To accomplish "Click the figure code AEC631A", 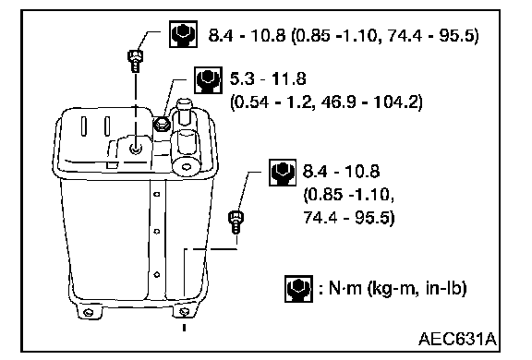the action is point(458,338).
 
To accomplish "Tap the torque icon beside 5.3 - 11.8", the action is point(209,80).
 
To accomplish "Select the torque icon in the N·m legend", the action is point(298,289).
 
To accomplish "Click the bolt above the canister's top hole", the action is point(135,61).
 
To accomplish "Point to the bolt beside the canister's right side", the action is point(236,222).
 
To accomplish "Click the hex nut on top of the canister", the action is point(162,125).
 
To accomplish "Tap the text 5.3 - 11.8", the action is point(268,78).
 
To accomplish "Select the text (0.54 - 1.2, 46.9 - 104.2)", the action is point(326,102).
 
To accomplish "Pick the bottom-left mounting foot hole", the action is point(89,312).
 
